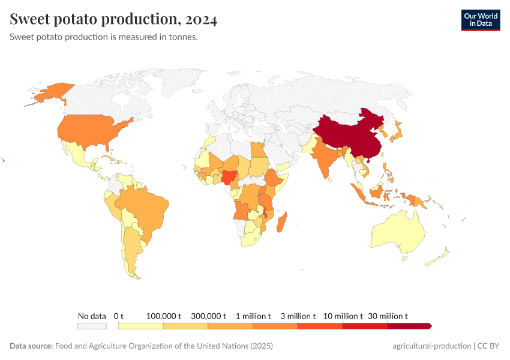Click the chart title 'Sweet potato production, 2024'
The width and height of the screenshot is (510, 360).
pyautogui.click(x=113, y=19)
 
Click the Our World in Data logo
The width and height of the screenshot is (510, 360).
pyautogui.click(x=480, y=19)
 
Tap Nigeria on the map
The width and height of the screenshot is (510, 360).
pyautogui.click(x=229, y=178)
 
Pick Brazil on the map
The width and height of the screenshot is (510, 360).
pyautogui.click(x=144, y=207)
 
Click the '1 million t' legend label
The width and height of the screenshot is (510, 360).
pyautogui.click(x=253, y=316)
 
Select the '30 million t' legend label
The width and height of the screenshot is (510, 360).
pyautogui.click(x=388, y=316)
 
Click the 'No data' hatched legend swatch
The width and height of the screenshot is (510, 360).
pyautogui.click(x=92, y=326)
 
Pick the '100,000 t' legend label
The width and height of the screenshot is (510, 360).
pyautogui.click(x=163, y=316)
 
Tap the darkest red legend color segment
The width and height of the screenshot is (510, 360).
pyautogui.click(x=409, y=326)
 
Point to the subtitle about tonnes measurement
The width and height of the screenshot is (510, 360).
pyautogui.click(x=104, y=37)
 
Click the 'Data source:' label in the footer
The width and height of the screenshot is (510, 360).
pyautogui.click(x=31, y=346)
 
